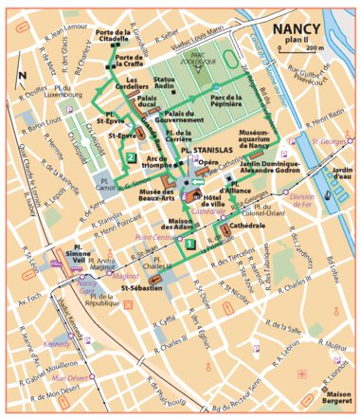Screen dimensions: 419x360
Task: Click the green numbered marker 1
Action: [x=191, y=244]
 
